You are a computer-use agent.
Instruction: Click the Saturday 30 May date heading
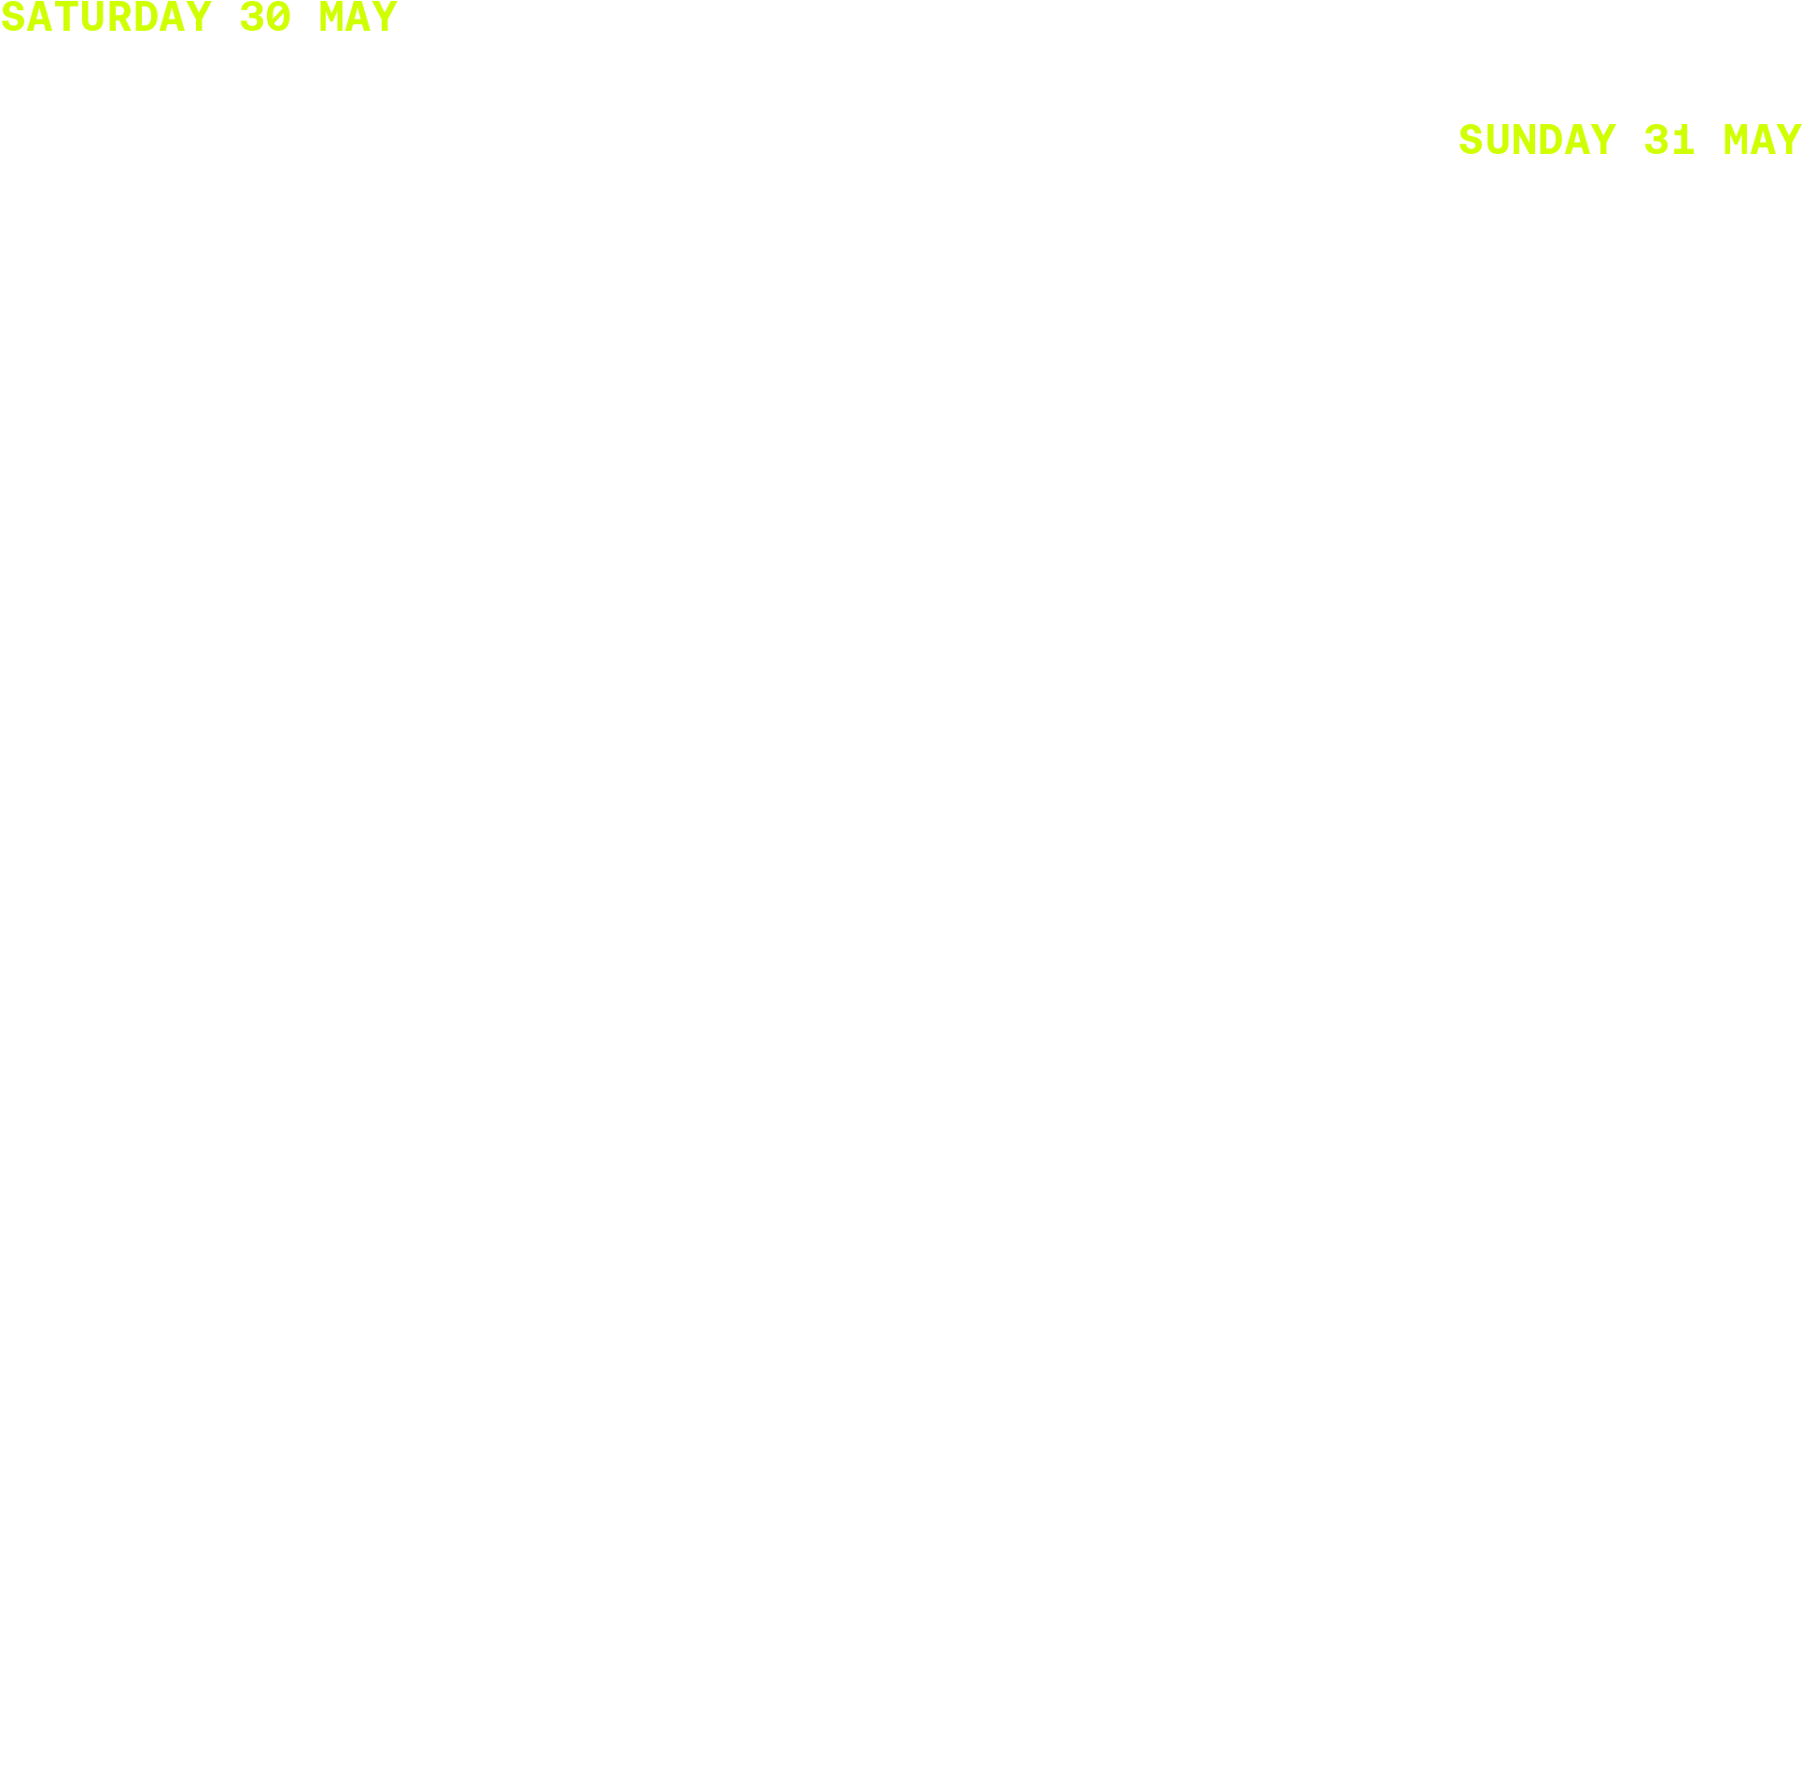tap(199, 18)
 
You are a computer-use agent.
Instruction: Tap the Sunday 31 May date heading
tap(1628, 140)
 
